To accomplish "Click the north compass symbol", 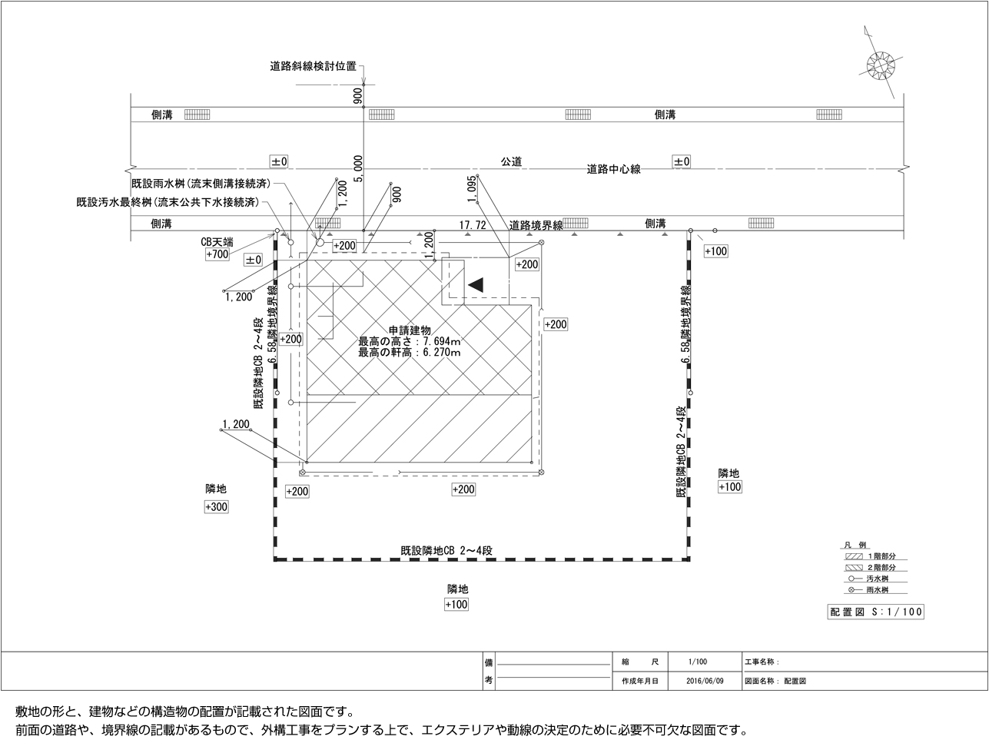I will click(881, 64).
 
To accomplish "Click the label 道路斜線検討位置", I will click(313, 67).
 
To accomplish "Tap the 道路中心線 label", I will click(613, 169).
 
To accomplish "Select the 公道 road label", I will click(511, 161).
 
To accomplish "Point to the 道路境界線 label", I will click(536, 225).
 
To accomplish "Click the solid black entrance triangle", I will click(476, 284).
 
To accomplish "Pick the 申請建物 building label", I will click(409, 330).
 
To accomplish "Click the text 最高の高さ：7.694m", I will click(409, 341).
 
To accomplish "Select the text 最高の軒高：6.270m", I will click(409, 353).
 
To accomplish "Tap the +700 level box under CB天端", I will click(217, 254).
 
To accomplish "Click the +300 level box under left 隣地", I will click(216, 507).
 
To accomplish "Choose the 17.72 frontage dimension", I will click(472, 225).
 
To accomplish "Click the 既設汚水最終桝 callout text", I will click(167, 203).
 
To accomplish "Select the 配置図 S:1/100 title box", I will click(875, 612).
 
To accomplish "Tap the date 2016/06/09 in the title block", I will click(705, 681).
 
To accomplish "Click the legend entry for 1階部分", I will click(876, 556).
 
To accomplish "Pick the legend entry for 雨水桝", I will click(876, 590).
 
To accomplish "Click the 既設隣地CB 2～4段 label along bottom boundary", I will click(446, 551).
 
